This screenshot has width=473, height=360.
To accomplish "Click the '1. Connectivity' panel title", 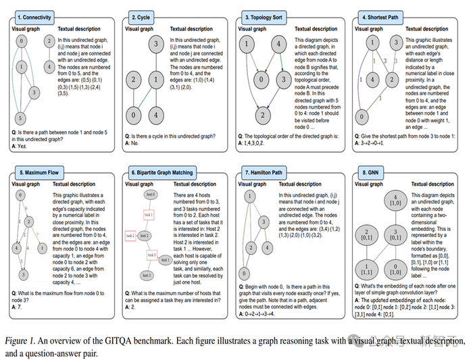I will (34, 16).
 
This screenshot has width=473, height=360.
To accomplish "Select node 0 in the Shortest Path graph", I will (364, 116).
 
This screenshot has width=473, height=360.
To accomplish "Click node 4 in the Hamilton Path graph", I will (269, 247).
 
